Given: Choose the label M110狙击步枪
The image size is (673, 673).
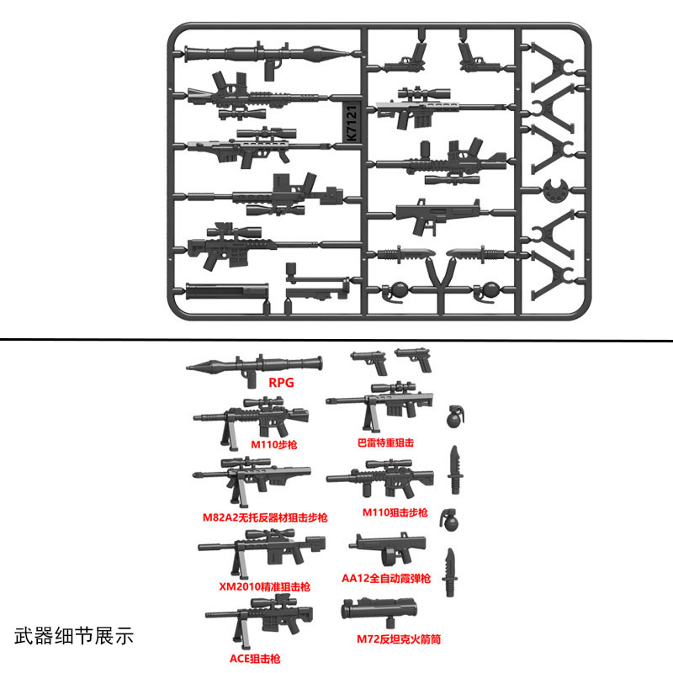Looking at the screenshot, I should (395, 512).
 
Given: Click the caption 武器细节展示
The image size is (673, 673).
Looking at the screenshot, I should (74, 633).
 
